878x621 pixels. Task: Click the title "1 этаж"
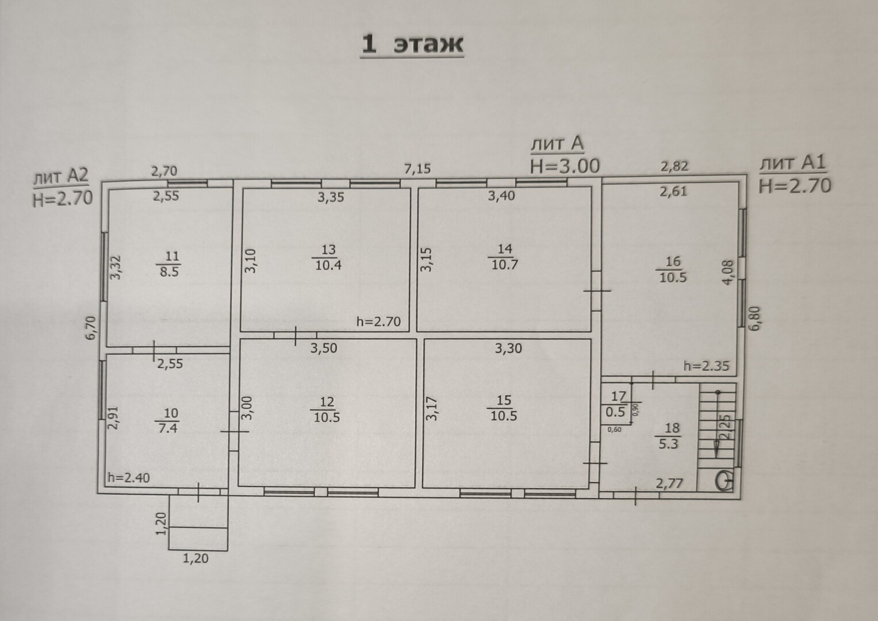412,44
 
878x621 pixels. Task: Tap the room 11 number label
172,256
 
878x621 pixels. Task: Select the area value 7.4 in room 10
168,428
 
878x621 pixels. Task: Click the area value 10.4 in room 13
328,266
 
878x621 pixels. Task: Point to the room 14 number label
505,249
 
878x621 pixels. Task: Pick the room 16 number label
673,262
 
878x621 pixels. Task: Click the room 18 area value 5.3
668,444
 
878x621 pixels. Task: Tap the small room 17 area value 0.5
615,412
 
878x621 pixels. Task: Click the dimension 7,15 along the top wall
417,169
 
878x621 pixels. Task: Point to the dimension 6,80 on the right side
755,319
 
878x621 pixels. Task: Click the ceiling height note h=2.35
706,366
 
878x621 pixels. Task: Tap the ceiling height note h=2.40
129,478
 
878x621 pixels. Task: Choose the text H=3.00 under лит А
565,166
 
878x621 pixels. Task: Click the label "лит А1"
792,163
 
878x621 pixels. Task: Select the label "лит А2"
61,177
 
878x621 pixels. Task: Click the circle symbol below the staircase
724,481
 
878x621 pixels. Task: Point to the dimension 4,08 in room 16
727,273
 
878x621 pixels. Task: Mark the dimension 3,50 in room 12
324,348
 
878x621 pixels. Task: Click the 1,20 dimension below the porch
195,558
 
